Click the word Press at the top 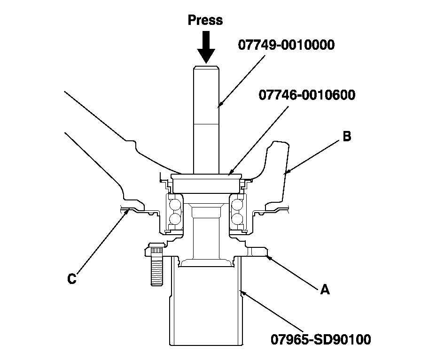205,20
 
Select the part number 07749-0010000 286,45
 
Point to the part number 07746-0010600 307,95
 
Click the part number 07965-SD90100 320,338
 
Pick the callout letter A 324,290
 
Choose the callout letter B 346,137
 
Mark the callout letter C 71,279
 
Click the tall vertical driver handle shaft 205,117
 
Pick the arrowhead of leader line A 266,256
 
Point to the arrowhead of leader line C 128,211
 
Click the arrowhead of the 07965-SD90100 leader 241,291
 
